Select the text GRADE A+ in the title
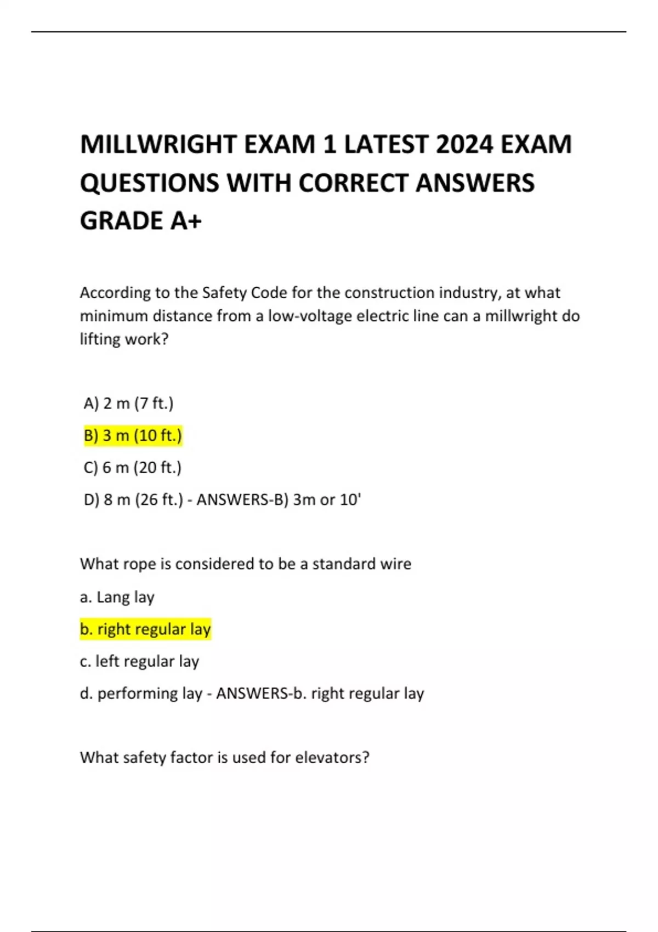[141, 221]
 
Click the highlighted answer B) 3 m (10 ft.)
[133, 436]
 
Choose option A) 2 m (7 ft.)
[128, 404]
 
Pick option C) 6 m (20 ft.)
[132, 468]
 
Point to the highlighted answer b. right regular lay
[145, 629]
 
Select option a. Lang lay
[117, 597]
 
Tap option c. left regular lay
[139, 662]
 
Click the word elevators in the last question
[332, 758]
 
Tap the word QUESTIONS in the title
[149, 183]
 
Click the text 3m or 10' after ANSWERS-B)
[327, 500]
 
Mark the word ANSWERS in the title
[475, 183]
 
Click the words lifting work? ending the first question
[124, 339]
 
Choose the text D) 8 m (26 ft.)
[133, 500]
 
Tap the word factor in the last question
[192, 758]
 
